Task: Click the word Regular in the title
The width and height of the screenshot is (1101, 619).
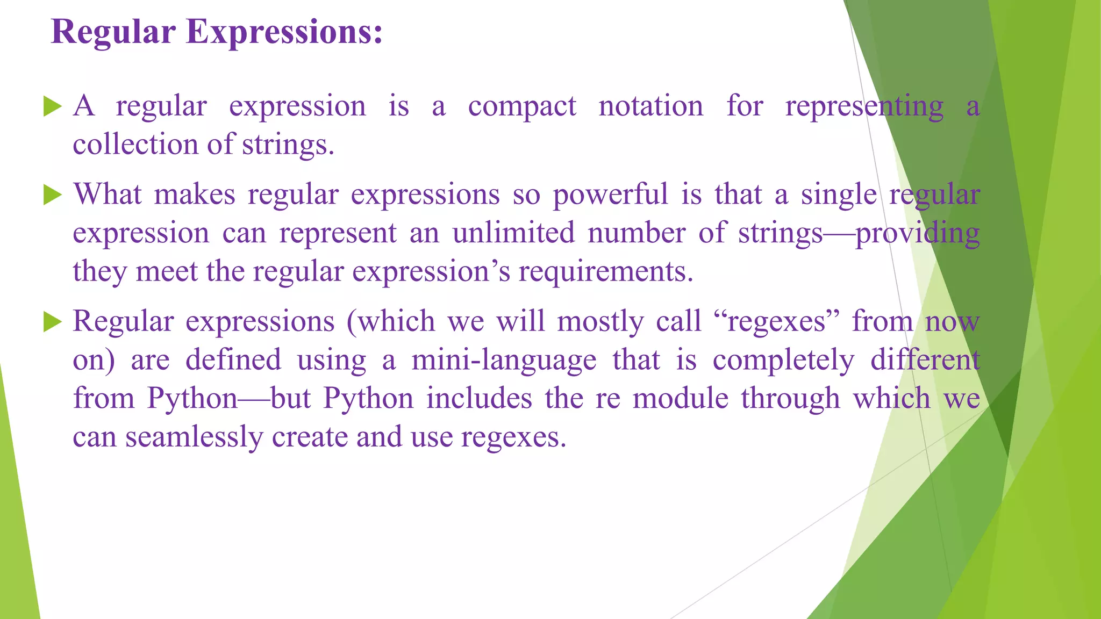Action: click(x=113, y=32)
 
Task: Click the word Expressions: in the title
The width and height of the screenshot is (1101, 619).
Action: click(x=284, y=32)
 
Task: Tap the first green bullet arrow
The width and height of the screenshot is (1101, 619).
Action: click(x=52, y=106)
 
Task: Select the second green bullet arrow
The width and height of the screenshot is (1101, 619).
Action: click(x=52, y=195)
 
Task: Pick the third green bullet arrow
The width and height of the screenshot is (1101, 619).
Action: click(x=52, y=322)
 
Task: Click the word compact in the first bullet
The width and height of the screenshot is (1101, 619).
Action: click(x=521, y=106)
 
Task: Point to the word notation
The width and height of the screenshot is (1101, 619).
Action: click(x=650, y=106)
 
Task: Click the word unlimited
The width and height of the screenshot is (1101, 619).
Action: click(x=513, y=233)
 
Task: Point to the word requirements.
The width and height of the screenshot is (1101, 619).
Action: click(x=605, y=272)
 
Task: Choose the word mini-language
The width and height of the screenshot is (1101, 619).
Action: click(x=504, y=360)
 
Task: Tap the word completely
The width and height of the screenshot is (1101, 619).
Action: click(x=783, y=360)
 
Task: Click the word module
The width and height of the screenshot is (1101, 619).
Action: click(x=680, y=399)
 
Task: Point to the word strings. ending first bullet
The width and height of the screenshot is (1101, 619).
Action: click(x=288, y=145)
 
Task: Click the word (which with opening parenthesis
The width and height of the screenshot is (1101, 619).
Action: click(x=390, y=321)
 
